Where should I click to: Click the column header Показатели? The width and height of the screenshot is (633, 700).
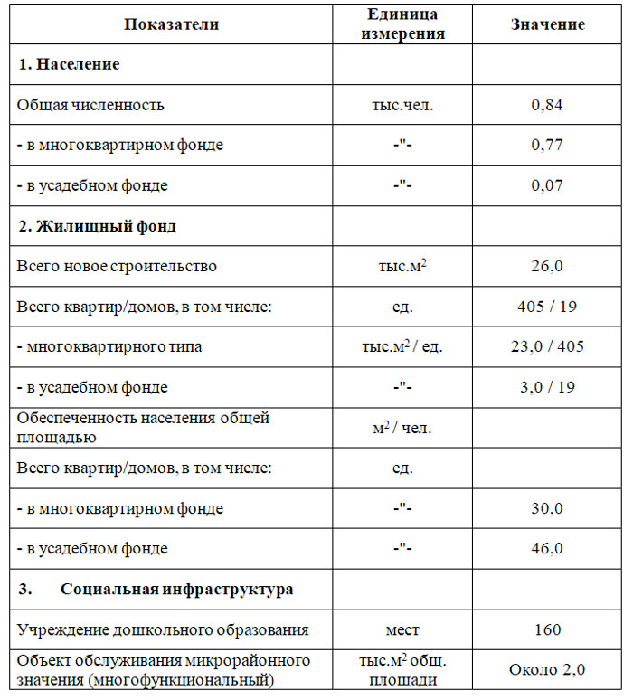click(x=171, y=24)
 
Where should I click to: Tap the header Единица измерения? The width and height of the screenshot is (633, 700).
click(x=403, y=24)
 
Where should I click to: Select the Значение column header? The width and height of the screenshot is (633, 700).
click(x=547, y=24)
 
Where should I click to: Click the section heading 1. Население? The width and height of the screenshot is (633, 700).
click(x=69, y=65)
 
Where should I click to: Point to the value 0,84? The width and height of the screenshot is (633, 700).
click(x=547, y=105)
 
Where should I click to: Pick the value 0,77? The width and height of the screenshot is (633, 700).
click(x=547, y=145)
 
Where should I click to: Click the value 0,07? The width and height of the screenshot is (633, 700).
click(x=547, y=185)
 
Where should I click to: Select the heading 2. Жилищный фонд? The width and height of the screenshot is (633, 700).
click(x=97, y=226)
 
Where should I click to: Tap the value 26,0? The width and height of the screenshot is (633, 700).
click(x=547, y=266)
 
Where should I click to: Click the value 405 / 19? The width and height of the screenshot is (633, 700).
click(x=547, y=307)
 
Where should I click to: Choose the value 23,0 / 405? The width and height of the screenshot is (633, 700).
click(x=547, y=346)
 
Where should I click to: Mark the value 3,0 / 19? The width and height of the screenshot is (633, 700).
click(x=547, y=387)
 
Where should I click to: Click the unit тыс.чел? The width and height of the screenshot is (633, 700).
click(x=403, y=105)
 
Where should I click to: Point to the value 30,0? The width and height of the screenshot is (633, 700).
click(x=547, y=508)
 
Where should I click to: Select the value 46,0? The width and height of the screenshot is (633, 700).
click(x=547, y=549)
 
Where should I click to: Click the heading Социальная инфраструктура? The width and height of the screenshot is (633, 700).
click(x=176, y=589)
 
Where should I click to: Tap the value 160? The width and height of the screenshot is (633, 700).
click(x=547, y=629)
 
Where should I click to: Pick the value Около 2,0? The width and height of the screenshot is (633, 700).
click(x=547, y=670)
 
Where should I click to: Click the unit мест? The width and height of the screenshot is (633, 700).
click(x=403, y=629)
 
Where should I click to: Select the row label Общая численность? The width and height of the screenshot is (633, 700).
click(x=90, y=105)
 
